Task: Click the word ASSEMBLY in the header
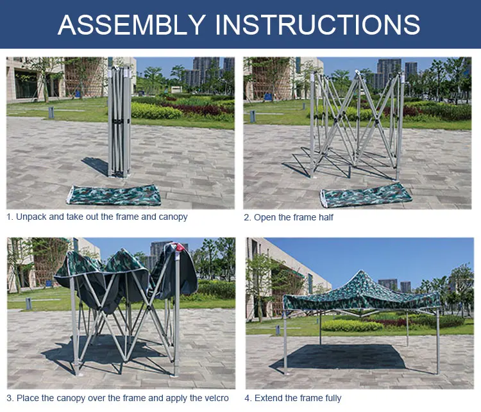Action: click(131, 24)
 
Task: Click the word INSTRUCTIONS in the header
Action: click(317, 24)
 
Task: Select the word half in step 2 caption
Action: click(326, 217)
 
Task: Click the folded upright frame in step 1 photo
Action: click(119, 122)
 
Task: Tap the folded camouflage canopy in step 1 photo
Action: click(114, 195)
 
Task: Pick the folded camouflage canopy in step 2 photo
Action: click(366, 195)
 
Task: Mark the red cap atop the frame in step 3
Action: click(180, 247)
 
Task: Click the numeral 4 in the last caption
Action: click(247, 398)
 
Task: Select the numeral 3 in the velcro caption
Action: click(9, 398)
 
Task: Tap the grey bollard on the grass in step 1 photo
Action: click(51, 113)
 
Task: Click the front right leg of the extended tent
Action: click(438, 341)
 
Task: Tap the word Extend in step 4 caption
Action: click(266, 398)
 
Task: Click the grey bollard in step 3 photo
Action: click(28, 304)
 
